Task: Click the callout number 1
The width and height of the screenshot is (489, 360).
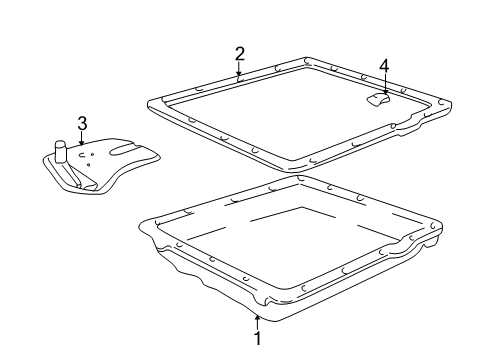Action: (x=257, y=338)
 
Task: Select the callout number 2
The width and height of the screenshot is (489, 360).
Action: (x=240, y=54)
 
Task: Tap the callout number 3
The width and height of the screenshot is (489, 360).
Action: (x=82, y=123)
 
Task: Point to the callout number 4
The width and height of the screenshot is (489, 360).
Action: (x=384, y=66)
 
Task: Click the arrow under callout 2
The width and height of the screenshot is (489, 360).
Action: (x=239, y=71)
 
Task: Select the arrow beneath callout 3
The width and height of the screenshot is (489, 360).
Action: (x=81, y=139)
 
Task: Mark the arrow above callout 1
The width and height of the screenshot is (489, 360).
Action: (x=257, y=322)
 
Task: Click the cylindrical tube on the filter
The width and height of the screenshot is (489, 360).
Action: (x=60, y=152)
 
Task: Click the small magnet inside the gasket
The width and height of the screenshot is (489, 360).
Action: (x=378, y=100)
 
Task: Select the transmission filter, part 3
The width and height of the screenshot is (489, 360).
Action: (x=101, y=166)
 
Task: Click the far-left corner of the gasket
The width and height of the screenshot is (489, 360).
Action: (x=148, y=103)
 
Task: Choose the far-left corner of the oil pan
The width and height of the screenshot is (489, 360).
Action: (x=139, y=225)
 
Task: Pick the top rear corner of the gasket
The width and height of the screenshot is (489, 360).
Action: (x=306, y=58)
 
